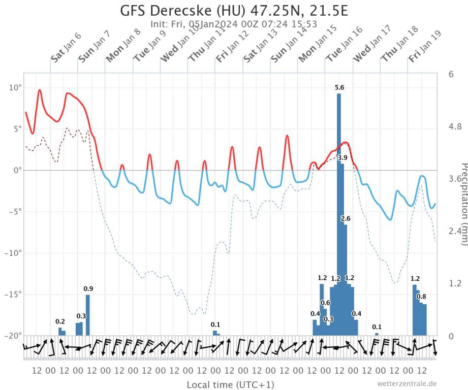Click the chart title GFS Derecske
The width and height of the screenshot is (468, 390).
tap(234, 11)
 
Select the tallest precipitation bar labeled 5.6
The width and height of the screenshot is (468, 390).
tap(339, 213)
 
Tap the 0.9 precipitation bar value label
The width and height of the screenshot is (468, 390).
tap(88, 289)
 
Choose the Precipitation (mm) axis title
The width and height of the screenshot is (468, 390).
tap(463, 203)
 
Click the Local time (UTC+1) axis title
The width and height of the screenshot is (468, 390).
tap(230, 384)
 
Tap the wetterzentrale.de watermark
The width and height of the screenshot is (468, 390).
tap(407, 383)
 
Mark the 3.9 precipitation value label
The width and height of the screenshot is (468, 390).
tap(342, 158)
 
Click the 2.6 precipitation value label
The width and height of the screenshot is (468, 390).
tap(345, 218)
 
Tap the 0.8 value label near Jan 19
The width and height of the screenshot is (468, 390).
tap(421, 297)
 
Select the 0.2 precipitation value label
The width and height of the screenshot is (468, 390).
tap(60, 321)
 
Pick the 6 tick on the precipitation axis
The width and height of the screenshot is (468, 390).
tap(451, 74)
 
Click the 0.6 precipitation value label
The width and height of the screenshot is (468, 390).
tap(325, 303)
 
